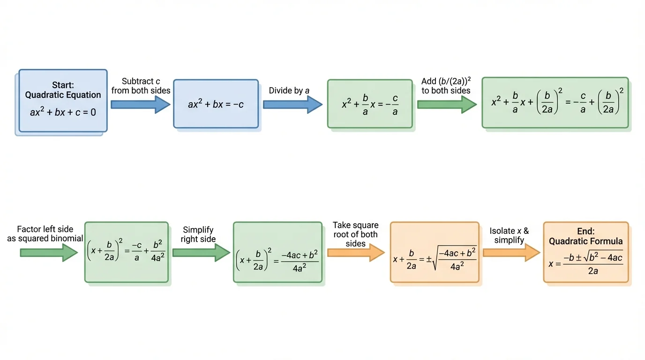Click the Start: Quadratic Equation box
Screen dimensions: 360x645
(x=63, y=100)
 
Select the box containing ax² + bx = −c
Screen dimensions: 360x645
(x=216, y=104)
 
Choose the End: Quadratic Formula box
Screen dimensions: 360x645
(x=585, y=252)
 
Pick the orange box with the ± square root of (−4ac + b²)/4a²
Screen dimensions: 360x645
(x=435, y=252)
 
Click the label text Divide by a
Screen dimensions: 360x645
(x=289, y=90)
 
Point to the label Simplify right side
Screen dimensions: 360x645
(x=198, y=234)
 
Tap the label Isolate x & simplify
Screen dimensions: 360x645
(x=509, y=235)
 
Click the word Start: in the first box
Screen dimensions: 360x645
(x=63, y=85)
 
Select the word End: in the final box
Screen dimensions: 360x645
(x=585, y=232)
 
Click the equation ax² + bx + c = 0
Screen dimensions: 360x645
(x=63, y=112)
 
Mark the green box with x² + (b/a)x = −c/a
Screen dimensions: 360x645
(x=369, y=104)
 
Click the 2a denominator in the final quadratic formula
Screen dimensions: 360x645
(x=592, y=271)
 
